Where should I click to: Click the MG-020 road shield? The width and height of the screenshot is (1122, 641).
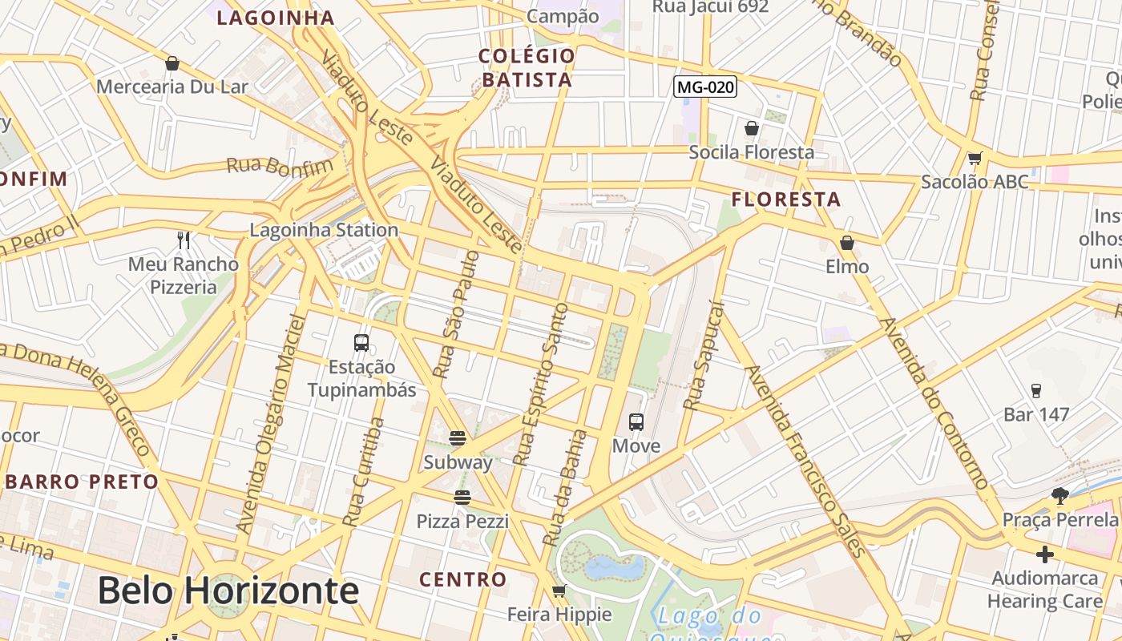704,87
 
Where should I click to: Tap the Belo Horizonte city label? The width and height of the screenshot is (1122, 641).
228,591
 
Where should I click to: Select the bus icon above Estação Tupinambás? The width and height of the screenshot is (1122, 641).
361,343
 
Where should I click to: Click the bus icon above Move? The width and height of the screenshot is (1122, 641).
636,421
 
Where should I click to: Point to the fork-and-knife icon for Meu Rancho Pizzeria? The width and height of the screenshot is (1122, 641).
184,240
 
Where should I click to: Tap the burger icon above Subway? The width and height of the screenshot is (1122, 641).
458,438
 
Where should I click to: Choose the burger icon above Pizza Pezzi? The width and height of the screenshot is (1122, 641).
462,498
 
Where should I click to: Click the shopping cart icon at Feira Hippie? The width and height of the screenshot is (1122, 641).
559,591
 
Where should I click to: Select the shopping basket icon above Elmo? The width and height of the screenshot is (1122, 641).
847,242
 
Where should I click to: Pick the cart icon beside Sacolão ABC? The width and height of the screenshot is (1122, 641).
975,158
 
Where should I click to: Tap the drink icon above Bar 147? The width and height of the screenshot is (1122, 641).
1035,391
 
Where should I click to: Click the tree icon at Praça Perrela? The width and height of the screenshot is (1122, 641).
1060,496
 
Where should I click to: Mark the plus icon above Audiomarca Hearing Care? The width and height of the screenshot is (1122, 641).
1044,554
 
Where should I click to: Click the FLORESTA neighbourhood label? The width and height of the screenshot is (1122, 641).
786,200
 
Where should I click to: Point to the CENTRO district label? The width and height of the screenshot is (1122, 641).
463,579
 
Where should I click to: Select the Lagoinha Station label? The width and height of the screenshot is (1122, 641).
324,230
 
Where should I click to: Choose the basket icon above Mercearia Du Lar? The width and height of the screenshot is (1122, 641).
172,63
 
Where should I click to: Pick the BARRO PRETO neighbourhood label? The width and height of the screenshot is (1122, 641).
83,482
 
